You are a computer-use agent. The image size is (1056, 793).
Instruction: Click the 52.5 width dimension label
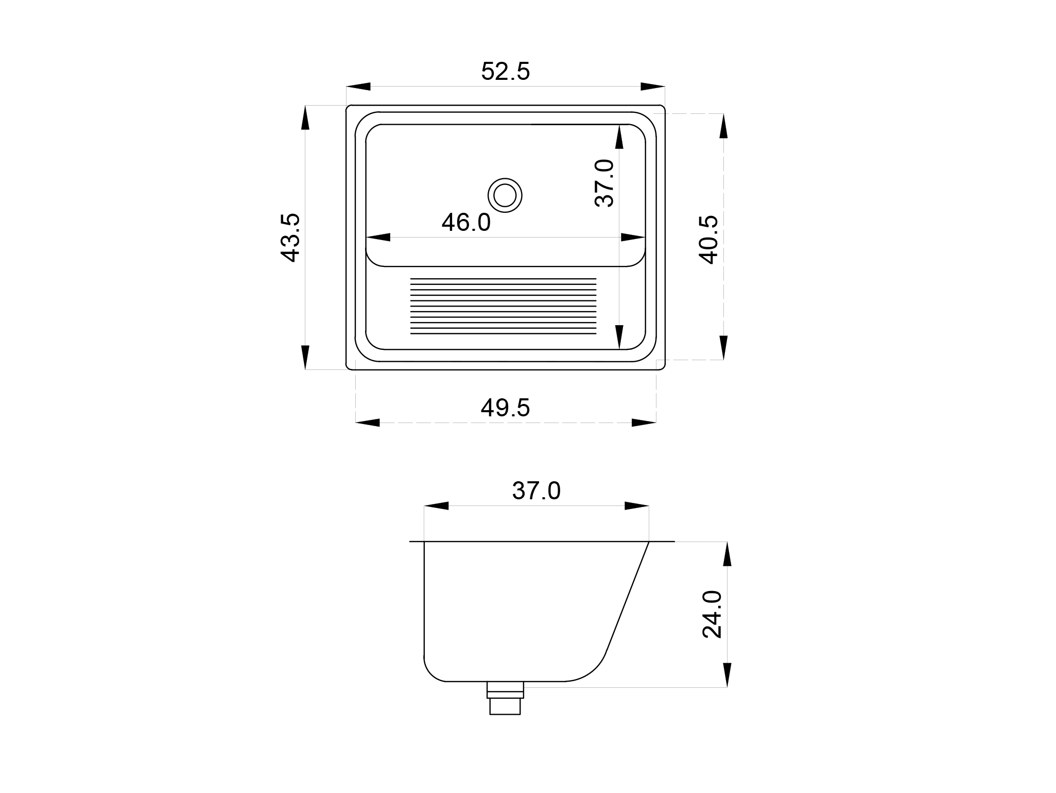(505, 72)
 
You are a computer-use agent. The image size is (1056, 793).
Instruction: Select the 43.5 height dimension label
(290, 238)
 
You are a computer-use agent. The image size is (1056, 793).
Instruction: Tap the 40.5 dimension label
(708, 240)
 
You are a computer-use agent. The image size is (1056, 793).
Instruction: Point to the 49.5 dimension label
(505, 408)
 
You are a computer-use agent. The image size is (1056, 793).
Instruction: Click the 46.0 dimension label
(466, 222)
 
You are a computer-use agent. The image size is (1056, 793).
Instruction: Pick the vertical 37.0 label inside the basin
(604, 183)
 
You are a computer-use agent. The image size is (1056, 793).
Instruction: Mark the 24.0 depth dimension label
(713, 615)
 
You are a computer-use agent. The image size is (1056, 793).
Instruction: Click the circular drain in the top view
(505, 196)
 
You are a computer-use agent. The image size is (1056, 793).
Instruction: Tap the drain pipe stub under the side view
(505, 698)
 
